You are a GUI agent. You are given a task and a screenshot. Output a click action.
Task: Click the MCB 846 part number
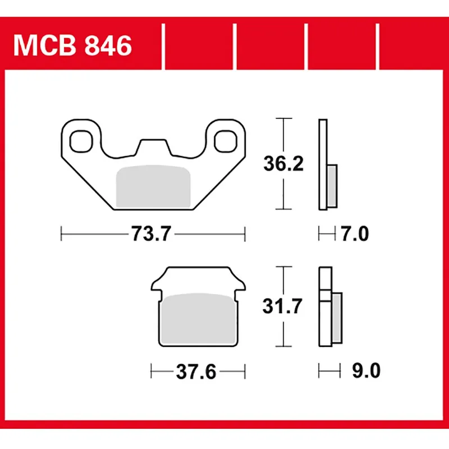(72, 45)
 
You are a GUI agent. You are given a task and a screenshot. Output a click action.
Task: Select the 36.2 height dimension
(284, 164)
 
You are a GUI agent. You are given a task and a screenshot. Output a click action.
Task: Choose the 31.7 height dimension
(284, 306)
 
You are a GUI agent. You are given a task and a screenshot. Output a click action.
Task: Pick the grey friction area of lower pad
(199, 318)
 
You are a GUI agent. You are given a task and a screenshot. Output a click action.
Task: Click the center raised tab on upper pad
(153, 146)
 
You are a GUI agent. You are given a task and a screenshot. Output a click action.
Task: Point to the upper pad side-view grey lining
(332, 185)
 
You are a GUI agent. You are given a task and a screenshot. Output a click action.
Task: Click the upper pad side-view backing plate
(322, 164)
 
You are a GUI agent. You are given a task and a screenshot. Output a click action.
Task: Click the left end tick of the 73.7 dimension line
(61, 232)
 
